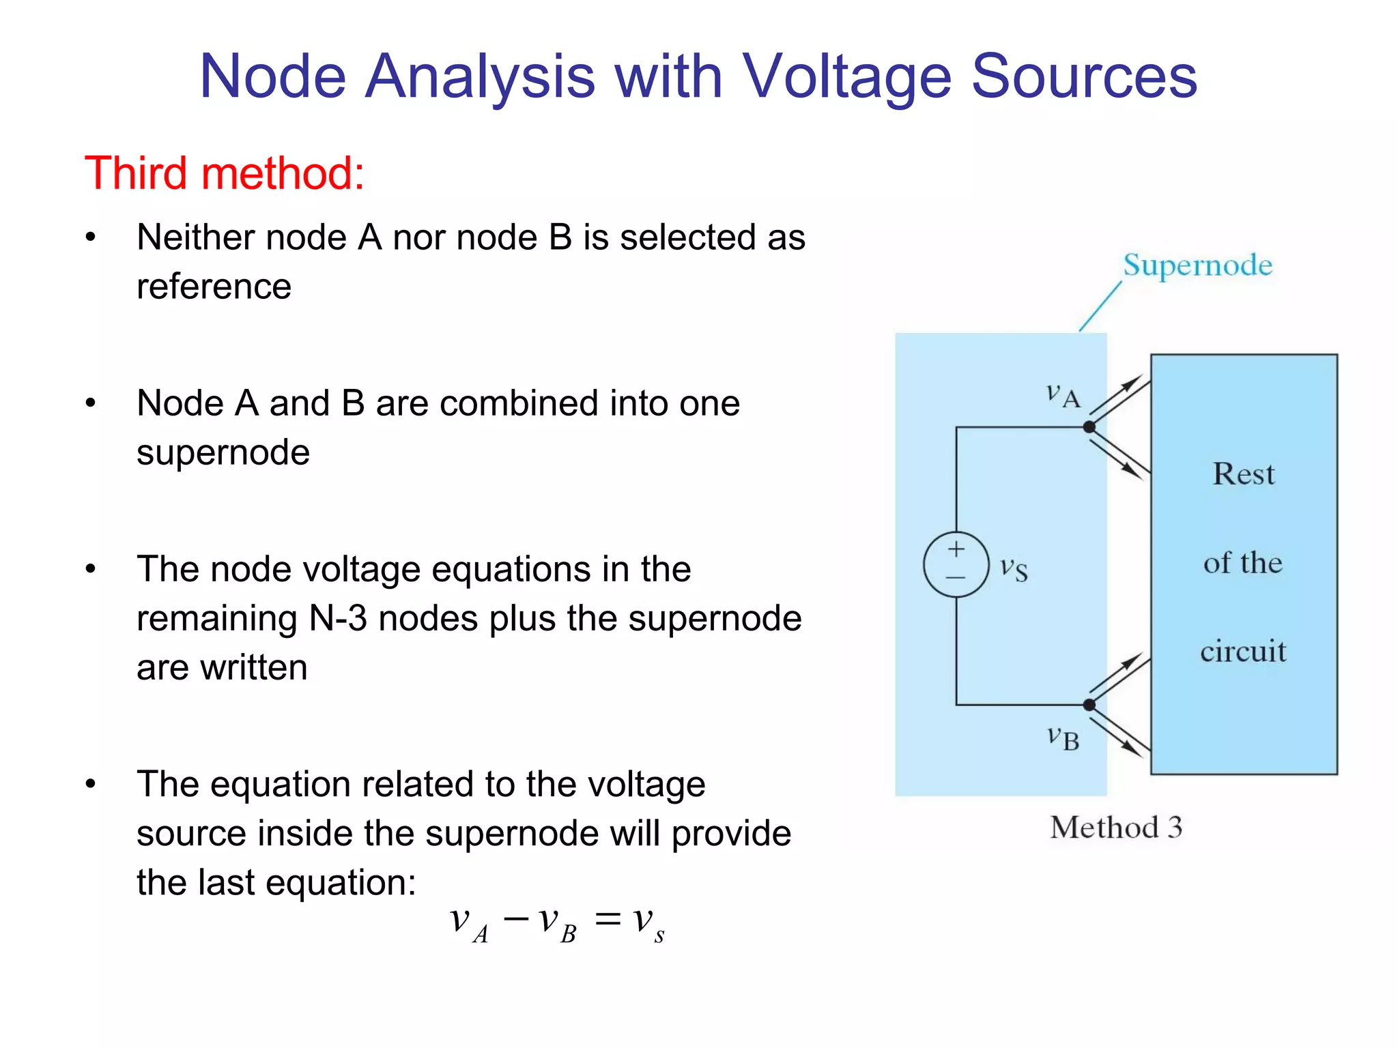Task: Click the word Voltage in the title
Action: [846, 76]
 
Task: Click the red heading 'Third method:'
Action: [225, 173]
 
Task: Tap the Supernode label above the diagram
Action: [1198, 265]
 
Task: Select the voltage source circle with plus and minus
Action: [956, 564]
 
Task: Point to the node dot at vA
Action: [1089, 427]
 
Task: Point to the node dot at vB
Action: [1089, 705]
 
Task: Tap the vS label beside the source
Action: [1014, 568]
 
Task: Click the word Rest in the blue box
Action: [1243, 474]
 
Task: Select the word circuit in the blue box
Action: [1243, 651]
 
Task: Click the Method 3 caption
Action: [1116, 828]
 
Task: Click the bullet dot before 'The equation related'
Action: [91, 784]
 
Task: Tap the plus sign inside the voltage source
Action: [956, 549]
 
